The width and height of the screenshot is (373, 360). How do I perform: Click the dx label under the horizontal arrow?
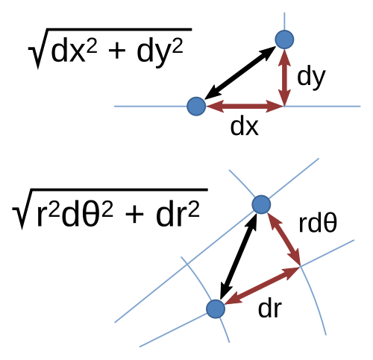coord(245,126)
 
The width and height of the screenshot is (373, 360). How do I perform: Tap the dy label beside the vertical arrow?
coord(311,78)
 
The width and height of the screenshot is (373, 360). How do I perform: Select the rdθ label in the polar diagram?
coord(318,223)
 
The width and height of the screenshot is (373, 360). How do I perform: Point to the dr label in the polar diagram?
coord(270,309)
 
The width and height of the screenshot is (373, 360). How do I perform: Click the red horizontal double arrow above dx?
coord(245,107)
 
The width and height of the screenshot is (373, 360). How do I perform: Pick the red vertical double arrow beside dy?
coord(284,77)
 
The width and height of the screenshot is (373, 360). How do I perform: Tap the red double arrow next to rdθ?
coord(283,239)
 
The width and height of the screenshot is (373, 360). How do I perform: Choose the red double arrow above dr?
coord(262,285)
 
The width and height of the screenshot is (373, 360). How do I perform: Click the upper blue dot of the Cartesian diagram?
coord(284,40)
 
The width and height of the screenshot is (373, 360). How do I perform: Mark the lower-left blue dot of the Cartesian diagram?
coord(196,107)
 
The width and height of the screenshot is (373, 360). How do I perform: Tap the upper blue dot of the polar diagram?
coord(261,204)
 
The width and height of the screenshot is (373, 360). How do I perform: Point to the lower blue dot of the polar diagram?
coord(216,309)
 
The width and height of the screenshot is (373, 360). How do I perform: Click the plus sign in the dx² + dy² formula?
coord(116,53)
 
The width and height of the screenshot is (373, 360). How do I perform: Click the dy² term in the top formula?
coord(160,53)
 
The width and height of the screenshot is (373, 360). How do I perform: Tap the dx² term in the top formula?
coord(74,50)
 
